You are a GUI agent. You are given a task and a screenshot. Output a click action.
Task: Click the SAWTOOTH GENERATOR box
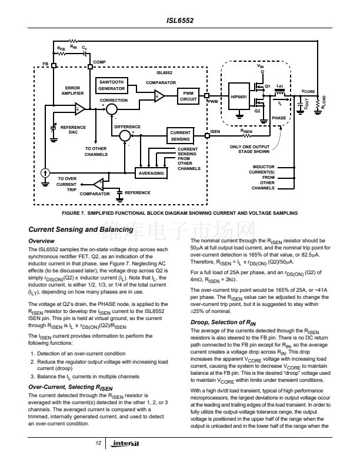(112, 85)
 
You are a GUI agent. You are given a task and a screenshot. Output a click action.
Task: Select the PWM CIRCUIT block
(188, 96)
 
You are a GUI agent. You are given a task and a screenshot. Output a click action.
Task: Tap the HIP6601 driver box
(238, 96)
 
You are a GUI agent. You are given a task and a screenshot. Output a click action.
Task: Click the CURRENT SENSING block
(181, 136)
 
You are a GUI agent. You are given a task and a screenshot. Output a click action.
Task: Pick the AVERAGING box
(150, 174)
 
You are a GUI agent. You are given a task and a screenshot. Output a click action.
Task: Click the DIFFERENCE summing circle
(125, 136)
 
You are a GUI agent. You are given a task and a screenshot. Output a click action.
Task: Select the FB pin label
(45, 63)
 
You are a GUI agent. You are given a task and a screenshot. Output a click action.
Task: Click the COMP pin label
(99, 62)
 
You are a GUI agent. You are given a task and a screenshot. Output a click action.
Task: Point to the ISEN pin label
(215, 131)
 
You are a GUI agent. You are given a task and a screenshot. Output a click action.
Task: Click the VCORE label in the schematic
(309, 92)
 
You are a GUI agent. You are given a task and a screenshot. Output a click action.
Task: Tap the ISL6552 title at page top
(180, 21)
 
